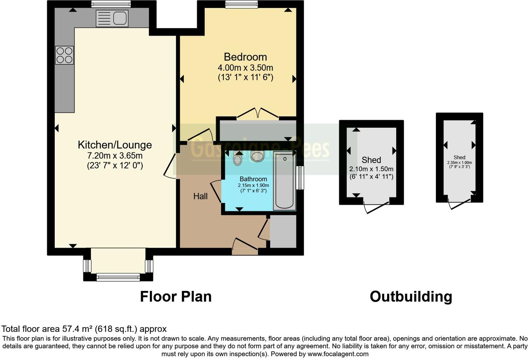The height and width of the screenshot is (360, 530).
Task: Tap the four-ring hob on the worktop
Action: pyautogui.click(x=65, y=55)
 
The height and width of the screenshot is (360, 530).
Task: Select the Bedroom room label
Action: pyautogui.click(x=245, y=57)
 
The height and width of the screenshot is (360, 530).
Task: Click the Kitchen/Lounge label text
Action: pyautogui.click(x=115, y=145)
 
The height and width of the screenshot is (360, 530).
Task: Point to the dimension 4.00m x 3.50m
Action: pyautogui.click(x=245, y=68)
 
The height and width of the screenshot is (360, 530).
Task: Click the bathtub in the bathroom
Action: pyautogui.click(x=284, y=181)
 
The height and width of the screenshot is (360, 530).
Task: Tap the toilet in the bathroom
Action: pyautogui.click(x=238, y=159)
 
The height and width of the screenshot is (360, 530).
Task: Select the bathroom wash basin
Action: pyautogui.click(x=257, y=156)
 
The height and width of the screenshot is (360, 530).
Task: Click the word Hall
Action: pyautogui.click(x=200, y=196)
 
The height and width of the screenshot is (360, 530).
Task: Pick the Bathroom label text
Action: pyautogui.click(x=253, y=179)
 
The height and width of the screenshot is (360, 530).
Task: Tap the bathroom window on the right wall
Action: pyautogui.click(x=300, y=178)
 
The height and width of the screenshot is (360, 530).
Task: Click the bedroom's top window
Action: pyautogui.click(x=241, y=4)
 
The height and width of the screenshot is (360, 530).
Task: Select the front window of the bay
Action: pyautogui.click(x=118, y=277)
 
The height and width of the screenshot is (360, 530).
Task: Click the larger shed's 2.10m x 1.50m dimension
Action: pyautogui.click(x=371, y=169)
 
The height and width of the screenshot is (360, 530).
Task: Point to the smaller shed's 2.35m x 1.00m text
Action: pyautogui.click(x=459, y=163)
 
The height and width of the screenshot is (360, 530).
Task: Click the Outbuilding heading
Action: pyautogui.click(x=411, y=297)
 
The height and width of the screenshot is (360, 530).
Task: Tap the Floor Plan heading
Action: pyautogui.click(x=176, y=297)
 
